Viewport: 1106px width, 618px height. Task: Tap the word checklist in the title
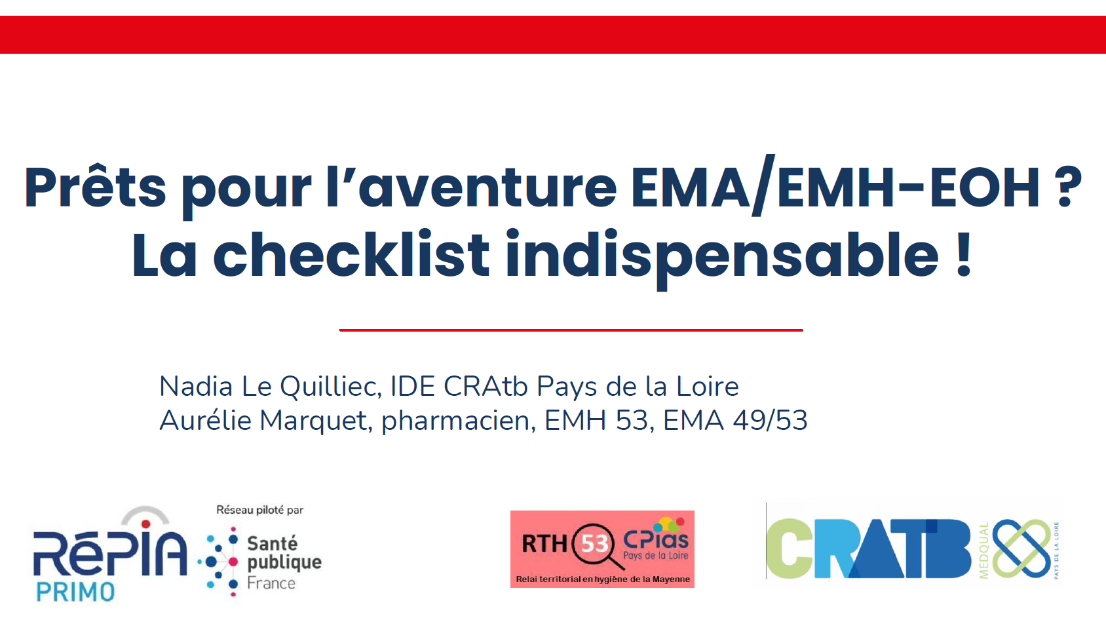351,254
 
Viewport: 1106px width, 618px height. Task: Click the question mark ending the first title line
1067,187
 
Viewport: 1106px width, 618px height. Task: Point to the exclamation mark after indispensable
963,254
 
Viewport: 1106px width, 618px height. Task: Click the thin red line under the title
571,330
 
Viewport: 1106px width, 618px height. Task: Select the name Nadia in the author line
196,386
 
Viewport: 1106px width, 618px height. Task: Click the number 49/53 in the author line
771,420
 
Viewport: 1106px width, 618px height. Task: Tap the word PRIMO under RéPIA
75,592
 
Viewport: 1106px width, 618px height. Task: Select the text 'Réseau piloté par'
259,510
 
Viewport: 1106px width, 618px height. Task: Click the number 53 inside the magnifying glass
594,544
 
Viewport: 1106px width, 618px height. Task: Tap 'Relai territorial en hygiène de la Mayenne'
602,579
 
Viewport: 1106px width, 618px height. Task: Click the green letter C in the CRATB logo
789,549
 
